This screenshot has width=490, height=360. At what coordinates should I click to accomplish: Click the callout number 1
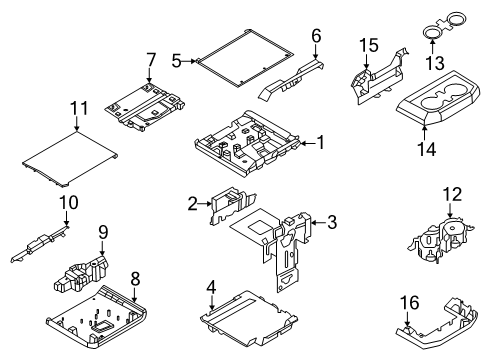click(322, 143)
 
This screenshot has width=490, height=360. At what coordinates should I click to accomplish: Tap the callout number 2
click(191, 205)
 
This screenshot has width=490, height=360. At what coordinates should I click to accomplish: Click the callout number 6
click(316, 37)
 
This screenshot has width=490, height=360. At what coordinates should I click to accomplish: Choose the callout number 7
click(150, 59)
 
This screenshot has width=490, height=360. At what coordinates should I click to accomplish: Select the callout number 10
click(67, 204)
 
